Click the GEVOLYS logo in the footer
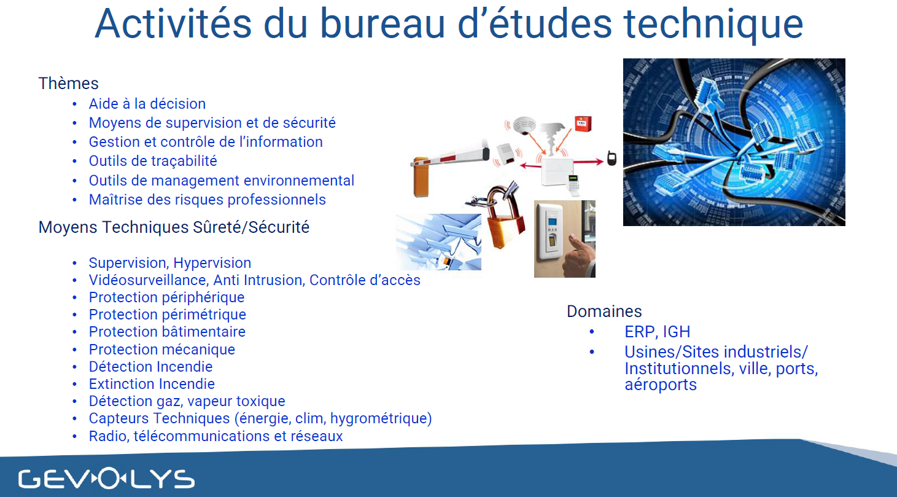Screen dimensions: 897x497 106,479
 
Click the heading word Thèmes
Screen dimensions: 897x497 69,84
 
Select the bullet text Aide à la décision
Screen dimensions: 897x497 147,104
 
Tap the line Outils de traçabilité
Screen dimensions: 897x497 153,161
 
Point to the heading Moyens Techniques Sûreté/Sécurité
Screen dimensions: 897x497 174,227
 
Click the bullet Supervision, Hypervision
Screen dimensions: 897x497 170,263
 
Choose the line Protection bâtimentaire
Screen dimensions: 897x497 167,332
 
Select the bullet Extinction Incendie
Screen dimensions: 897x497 152,384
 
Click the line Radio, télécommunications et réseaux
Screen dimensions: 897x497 216,436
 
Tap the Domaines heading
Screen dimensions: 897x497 604,311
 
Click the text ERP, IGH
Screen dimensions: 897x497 658,332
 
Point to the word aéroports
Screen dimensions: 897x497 661,385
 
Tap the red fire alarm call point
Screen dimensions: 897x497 583,124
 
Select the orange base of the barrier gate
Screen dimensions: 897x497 421,177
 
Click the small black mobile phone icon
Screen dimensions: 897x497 612,158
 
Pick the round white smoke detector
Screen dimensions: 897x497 524,125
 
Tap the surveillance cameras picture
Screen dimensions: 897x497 438,241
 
